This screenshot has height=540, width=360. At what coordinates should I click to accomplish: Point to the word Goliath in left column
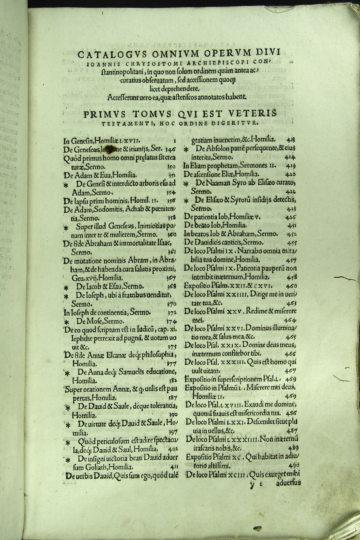point(96,467)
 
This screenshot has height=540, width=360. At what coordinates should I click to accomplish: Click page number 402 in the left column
point(171,449)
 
